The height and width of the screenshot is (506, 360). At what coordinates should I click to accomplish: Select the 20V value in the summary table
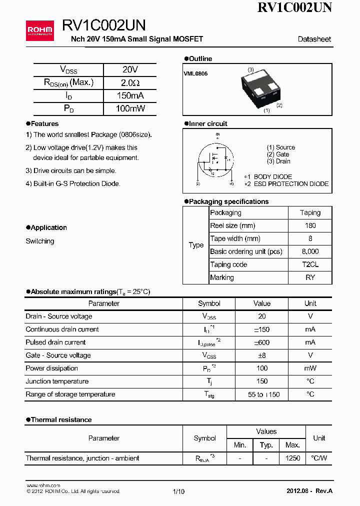[130, 70]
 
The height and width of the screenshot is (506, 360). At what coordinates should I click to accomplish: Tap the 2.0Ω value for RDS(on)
[130, 83]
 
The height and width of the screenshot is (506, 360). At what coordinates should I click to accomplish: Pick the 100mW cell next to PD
[130, 108]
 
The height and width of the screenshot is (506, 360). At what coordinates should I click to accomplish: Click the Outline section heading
[200, 59]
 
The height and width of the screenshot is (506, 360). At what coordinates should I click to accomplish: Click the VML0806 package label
[195, 73]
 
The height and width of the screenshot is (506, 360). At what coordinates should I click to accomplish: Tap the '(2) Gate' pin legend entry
[278, 154]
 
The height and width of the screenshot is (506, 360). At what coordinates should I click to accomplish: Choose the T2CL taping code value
[310, 264]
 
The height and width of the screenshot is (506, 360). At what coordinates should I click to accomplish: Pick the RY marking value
[310, 277]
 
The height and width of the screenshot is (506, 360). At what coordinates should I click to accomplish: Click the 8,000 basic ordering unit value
[310, 251]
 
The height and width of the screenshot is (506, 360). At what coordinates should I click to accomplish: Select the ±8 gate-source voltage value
[262, 355]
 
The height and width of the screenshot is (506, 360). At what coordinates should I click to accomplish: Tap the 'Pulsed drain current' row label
[55, 342]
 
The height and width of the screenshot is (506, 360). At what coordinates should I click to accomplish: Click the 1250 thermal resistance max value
[292, 458]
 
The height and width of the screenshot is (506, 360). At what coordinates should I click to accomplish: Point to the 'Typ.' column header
[266, 445]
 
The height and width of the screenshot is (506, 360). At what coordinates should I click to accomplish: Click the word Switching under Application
[40, 241]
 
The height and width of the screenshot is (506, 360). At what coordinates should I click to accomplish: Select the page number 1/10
[178, 491]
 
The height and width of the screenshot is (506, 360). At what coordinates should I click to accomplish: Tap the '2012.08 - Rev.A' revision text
[309, 491]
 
